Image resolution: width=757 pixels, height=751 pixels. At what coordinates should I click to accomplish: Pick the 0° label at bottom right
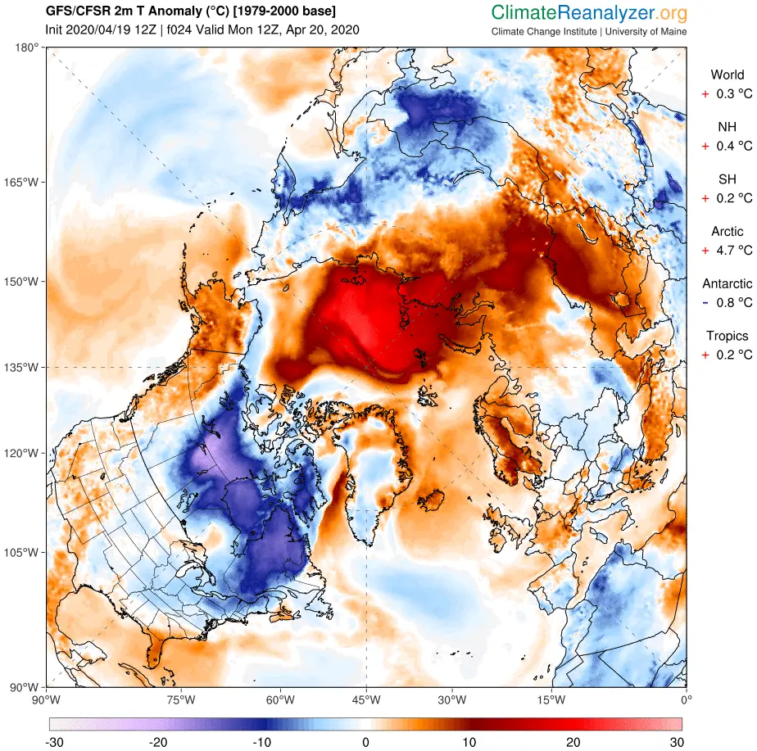tap(686, 699)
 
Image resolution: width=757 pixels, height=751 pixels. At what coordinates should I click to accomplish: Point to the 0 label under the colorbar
tap(365, 742)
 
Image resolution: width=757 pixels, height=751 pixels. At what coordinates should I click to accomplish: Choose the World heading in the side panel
tap(728, 75)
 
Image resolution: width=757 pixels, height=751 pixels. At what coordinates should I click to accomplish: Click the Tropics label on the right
tap(728, 336)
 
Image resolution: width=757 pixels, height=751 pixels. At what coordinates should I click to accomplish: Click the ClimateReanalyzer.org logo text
tap(589, 12)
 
